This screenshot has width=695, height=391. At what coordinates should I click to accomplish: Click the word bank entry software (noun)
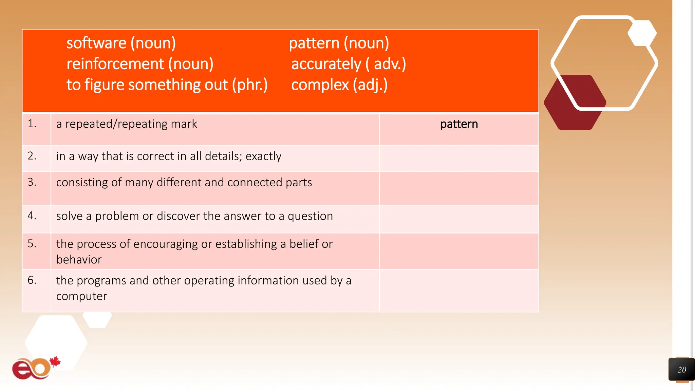121,43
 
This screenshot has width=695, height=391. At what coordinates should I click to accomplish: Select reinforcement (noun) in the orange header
140,64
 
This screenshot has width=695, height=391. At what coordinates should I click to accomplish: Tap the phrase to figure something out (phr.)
167,85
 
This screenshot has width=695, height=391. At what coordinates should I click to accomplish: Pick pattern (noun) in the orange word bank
339,43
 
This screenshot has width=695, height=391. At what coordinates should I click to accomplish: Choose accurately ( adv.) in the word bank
349,64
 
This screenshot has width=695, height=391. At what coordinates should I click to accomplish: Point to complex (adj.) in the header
339,85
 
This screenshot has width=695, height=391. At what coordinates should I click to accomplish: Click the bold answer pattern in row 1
459,124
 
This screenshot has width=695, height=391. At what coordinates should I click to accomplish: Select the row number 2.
32,156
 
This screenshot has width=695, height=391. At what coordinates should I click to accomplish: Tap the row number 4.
32,216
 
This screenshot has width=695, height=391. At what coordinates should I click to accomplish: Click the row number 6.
32,280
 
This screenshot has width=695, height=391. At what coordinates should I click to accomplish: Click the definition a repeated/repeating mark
127,124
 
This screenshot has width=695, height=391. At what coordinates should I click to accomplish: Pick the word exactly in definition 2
263,156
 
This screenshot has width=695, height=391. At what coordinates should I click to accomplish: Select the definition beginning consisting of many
184,182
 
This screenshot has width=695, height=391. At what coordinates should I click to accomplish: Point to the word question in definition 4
310,216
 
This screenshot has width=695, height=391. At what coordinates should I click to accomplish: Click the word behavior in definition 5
79,260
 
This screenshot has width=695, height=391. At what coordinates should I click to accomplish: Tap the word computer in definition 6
81,296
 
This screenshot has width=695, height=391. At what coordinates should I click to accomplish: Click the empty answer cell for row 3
459,188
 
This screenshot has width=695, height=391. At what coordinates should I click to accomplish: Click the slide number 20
682,370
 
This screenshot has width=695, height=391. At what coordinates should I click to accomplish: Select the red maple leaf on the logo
55,362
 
